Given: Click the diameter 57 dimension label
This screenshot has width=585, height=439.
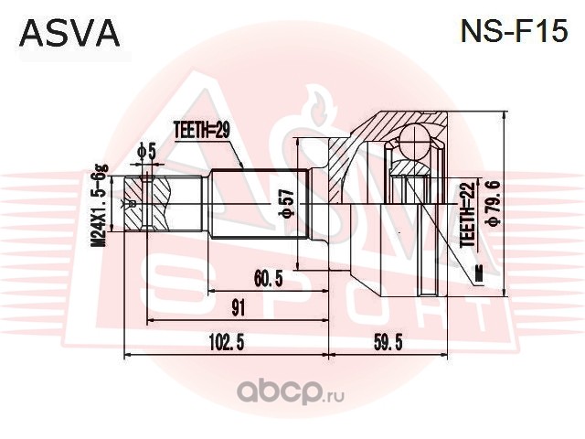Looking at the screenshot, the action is point(285,203).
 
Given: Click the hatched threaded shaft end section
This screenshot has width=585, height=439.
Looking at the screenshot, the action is point(154,203).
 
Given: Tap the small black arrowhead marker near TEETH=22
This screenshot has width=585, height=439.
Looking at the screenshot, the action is point(477,271).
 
